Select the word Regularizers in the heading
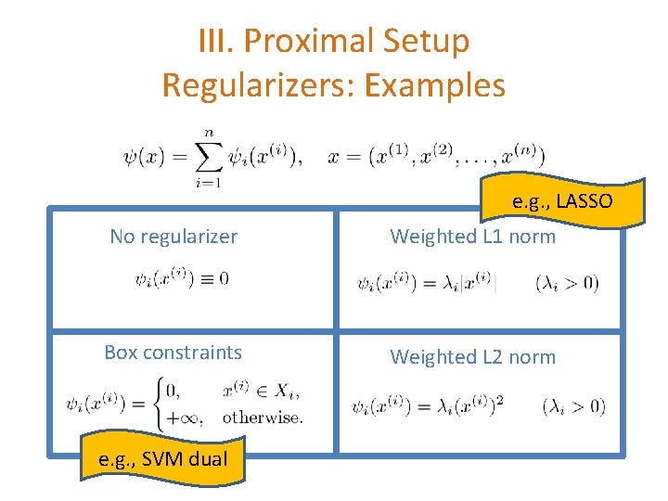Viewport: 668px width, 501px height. click(x=258, y=85)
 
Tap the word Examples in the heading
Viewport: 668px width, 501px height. click(x=434, y=85)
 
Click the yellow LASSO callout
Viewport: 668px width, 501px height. click(x=561, y=201)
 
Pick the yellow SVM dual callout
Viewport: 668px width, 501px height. click(x=164, y=456)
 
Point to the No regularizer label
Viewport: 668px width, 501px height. click(x=173, y=237)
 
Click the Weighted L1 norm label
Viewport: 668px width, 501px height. click(x=472, y=237)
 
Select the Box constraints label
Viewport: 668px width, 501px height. click(x=173, y=353)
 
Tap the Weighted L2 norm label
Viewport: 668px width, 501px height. click(x=472, y=357)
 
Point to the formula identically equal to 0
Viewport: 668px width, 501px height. click(x=183, y=277)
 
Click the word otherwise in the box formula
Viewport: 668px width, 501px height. click(x=263, y=417)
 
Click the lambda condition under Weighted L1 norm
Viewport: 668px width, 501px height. click(x=567, y=283)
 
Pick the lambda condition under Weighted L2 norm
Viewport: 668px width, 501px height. click(x=572, y=405)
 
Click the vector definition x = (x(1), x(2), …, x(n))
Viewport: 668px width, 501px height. click(x=436, y=156)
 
